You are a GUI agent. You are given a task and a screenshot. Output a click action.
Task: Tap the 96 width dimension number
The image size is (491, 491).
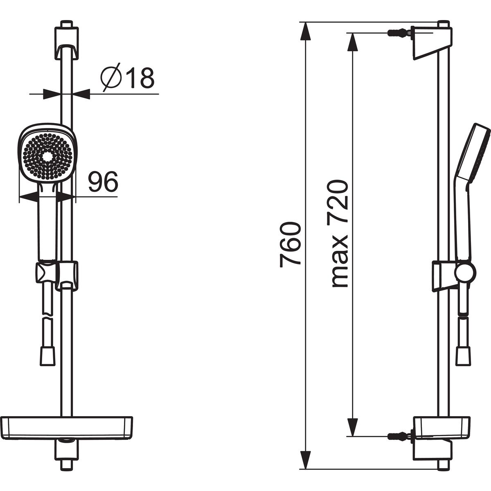[103, 181]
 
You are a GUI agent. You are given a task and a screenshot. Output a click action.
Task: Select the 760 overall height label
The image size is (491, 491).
[290, 245]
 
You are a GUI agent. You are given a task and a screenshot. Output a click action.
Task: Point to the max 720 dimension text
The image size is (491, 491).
[339, 234]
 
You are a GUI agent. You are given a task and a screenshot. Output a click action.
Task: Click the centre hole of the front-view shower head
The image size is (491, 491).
[47, 157]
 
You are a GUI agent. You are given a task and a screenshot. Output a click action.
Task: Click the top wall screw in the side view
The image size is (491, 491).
[399, 33]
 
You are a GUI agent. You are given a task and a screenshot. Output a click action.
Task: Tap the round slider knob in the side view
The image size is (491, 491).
[465, 273]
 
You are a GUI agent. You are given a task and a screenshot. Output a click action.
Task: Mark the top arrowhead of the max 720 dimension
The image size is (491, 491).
[353, 42]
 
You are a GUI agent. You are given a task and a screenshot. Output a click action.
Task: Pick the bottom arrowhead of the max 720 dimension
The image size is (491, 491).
[353, 427]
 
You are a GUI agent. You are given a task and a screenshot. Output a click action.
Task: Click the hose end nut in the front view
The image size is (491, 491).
[47, 357]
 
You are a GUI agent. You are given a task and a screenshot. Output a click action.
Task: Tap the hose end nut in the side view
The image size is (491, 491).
[463, 357]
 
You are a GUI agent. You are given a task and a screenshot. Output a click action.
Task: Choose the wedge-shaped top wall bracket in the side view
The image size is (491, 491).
[432, 43]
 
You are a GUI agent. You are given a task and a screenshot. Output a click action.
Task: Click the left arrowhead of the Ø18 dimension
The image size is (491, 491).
[52, 94]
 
